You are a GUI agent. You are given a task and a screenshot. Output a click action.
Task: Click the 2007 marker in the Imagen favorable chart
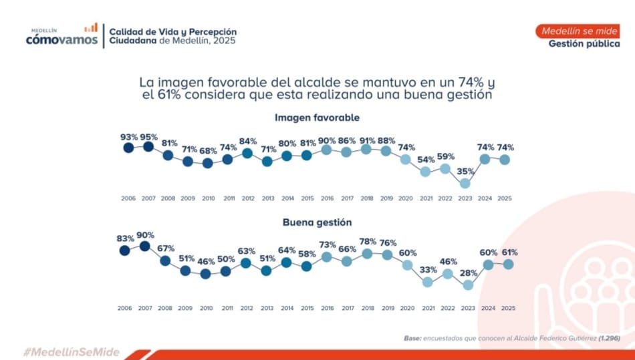click(148, 146)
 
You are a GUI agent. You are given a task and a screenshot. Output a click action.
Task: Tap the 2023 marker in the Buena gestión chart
click(468, 285)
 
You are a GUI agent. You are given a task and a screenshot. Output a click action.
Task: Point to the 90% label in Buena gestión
click(145, 235)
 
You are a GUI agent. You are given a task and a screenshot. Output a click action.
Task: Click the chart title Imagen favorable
click(317, 118)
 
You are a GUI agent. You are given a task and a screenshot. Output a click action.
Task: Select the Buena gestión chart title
click(317, 222)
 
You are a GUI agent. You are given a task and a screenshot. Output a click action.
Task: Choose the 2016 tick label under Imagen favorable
click(326, 198)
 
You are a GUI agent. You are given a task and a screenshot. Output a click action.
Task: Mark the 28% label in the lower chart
click(468, 273)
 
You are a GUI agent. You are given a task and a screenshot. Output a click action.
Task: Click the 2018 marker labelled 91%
click(366, 149)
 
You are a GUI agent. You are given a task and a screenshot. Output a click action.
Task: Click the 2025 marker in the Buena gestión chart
click(508, 264)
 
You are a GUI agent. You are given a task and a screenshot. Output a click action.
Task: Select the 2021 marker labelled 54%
click(425, 171)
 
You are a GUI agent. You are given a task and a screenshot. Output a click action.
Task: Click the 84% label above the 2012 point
click(247, 141)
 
